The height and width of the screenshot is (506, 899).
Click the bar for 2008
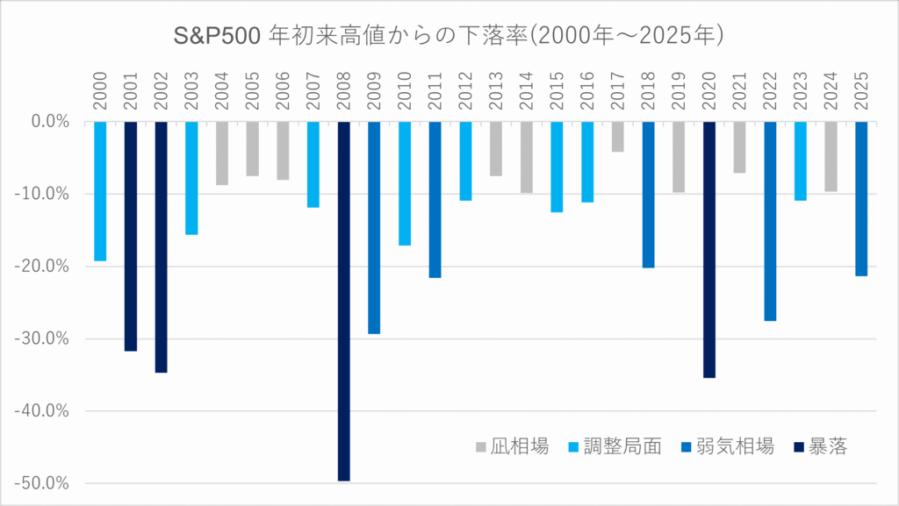(x=343, y=301)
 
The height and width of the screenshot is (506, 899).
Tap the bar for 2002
(x=161, y=246)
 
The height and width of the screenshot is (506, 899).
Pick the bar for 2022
(x=770, y=221)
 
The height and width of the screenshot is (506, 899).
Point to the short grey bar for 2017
(x=618, y=137)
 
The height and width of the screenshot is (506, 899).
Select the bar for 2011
(x=435, y=199)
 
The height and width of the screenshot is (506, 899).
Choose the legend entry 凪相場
(x=517, y=446)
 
